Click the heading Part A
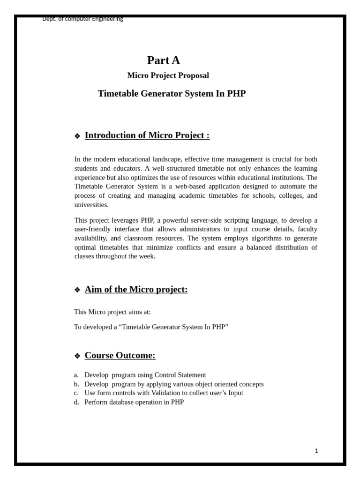pos(163,60)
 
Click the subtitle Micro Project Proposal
pos(168,75)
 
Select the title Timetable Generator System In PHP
pos(172,94)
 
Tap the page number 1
pos(316,451)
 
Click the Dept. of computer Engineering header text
pos(82,19)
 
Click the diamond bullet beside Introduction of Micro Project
pos(77,136)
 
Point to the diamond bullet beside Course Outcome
pos(77,356)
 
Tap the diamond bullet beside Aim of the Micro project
pos(77,290)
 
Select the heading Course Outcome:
pos(120,355)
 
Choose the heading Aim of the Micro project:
pos(136,289)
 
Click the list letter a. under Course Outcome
pos(76,375)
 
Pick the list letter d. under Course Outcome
pos(76,402)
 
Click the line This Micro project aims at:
pos(112,312)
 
